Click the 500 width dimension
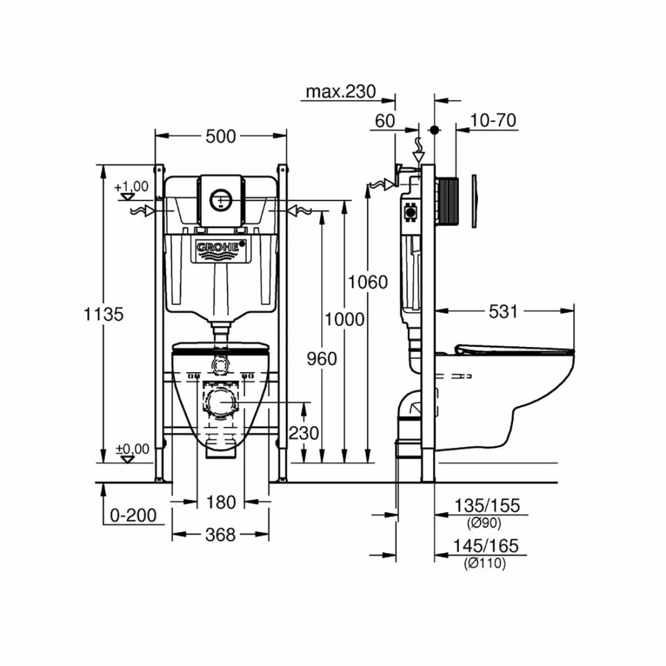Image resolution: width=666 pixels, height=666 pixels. click(x=221, y=136)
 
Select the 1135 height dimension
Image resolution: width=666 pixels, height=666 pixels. click(x=104, y=315)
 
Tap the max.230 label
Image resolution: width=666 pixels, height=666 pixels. click(x=341, y=92)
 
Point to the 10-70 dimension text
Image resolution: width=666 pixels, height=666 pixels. click(x=493, y=121)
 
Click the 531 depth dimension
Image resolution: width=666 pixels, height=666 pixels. click(x=503, y=312)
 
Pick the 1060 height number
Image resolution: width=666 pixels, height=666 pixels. click(x=368, y=282)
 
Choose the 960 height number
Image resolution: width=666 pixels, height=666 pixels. click(x=322, y=359)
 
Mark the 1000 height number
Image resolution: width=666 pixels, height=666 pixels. click(x=345, y=320)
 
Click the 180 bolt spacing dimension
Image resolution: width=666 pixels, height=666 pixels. click(x=221, y=502)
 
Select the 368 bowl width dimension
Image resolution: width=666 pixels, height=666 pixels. click(x=221, y=534)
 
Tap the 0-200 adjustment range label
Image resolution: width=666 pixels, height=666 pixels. click(x=133, y=515)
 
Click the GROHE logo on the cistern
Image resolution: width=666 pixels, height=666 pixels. click(x=218, y=247)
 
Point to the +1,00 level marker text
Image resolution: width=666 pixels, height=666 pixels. click(x=132, y=186)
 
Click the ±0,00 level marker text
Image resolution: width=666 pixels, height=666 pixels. click(x=132, y=449)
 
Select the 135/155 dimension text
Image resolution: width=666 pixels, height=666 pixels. click(x=487, y=505)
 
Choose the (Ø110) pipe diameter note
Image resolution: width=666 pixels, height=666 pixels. click(x=484, y=563)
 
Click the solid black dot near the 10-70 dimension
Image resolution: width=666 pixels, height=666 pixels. click(x=435, y=130)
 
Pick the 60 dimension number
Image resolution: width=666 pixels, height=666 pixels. click(x=385, y=121)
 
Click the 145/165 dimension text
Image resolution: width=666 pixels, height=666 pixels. click(x=486, y=546)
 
